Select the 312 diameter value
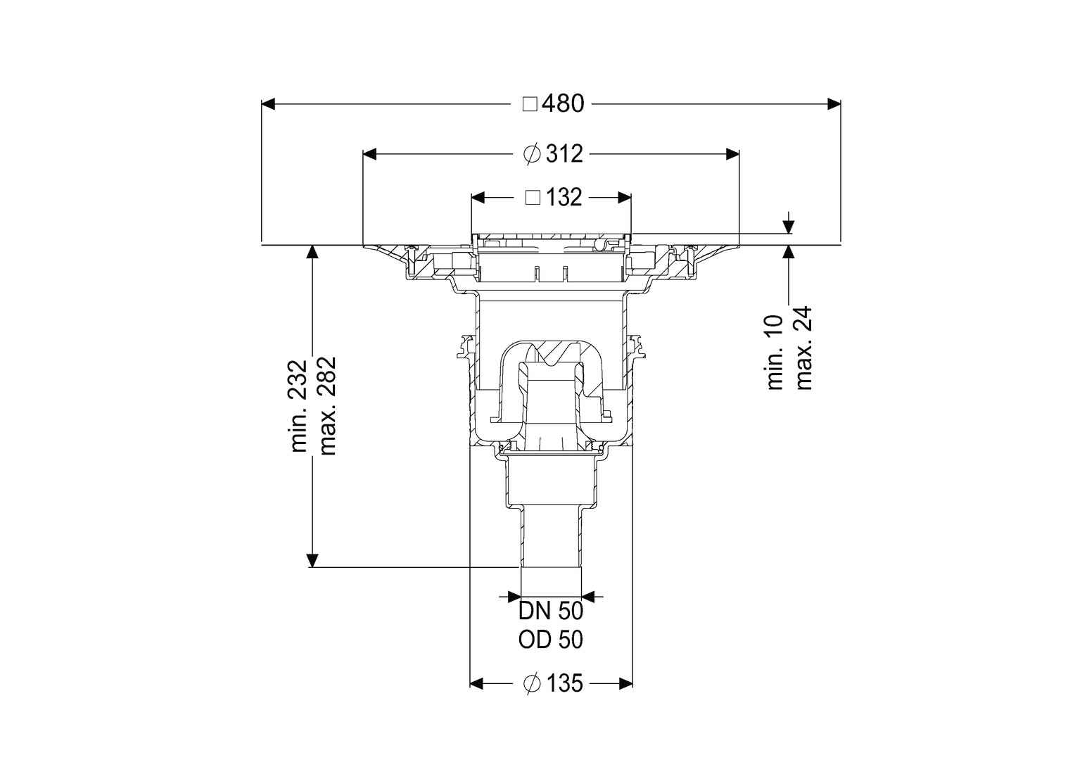(564, 154)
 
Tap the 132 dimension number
(564, 197)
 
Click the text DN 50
(551, 612)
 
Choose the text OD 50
(551, 640)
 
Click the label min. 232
(299, 406)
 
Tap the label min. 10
(775, 352)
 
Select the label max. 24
(803, 348)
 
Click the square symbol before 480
(530, 104)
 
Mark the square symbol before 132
(533, 198)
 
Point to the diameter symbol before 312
(532, 154)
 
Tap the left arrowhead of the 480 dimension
(268, 103)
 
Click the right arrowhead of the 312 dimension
(732, 154)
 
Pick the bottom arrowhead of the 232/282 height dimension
(312, 560)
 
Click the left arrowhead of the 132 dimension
(478, 198)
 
